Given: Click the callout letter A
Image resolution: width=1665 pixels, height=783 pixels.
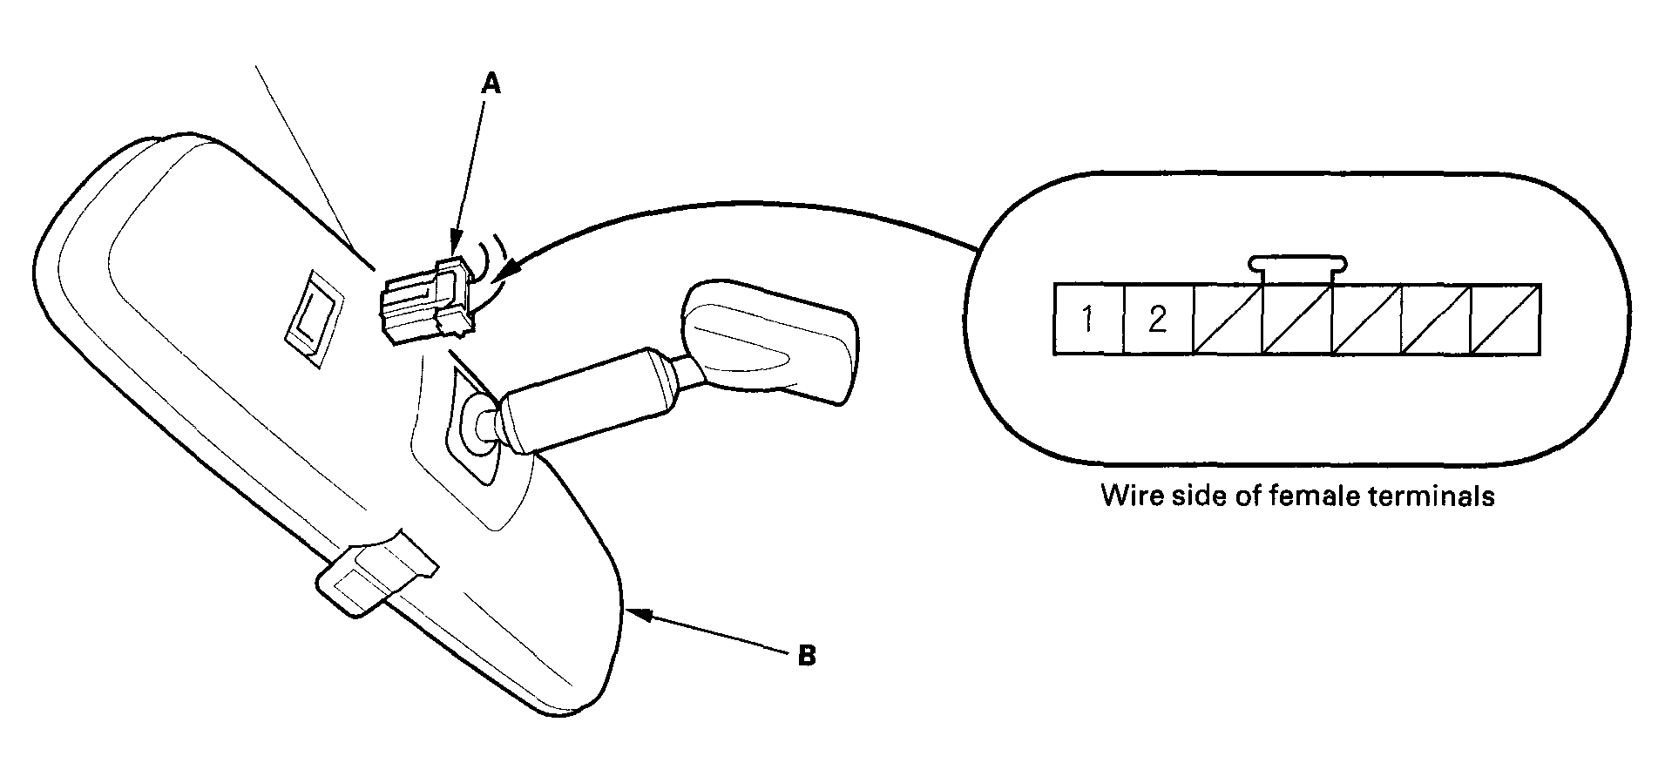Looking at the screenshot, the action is [492, 84].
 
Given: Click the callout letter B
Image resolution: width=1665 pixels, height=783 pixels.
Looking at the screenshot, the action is [807, 655].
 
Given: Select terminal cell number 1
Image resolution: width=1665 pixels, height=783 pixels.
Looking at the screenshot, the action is [1089, 320].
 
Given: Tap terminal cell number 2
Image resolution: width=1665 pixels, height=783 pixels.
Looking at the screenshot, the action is [1158, 320].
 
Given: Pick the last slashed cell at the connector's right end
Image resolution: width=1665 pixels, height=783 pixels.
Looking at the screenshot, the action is [1506, 320].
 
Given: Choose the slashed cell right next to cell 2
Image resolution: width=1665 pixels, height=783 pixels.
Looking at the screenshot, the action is [1228, 320].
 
